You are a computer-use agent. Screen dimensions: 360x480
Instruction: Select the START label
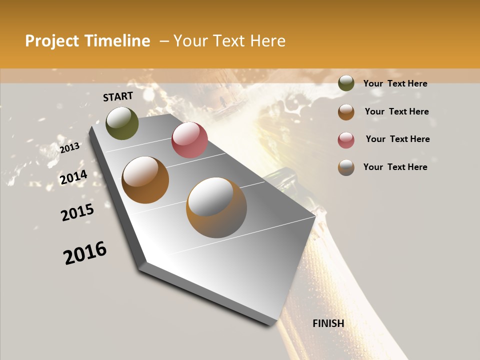pos(118,96)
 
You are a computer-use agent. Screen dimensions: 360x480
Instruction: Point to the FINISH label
pos(328,323)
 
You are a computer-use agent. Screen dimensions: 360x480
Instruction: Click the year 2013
pos(70,147)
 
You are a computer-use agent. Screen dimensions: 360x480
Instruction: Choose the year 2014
pos(74,177)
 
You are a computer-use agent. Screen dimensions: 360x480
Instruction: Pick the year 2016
pos(85,253)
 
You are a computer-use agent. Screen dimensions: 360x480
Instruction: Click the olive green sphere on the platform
pos(122,123)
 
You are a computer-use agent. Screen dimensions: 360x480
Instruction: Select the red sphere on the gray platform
pos(189,140)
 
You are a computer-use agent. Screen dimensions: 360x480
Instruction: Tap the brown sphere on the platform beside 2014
pos(145,180)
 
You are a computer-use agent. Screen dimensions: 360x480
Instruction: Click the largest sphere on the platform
pos(216,207)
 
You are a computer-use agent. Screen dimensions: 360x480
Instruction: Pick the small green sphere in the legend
pos(346,83)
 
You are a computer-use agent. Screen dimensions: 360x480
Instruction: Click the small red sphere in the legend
pos(346,140)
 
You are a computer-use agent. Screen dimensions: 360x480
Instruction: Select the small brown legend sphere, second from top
pos(346,112)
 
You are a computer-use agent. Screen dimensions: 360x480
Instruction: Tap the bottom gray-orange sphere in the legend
pos(346,167)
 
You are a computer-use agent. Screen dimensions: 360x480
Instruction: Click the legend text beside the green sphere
pos(395,83)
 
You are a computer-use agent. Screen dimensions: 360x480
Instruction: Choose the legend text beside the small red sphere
pos(397,139)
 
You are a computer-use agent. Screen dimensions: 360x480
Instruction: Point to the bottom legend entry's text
pos(395,167)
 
